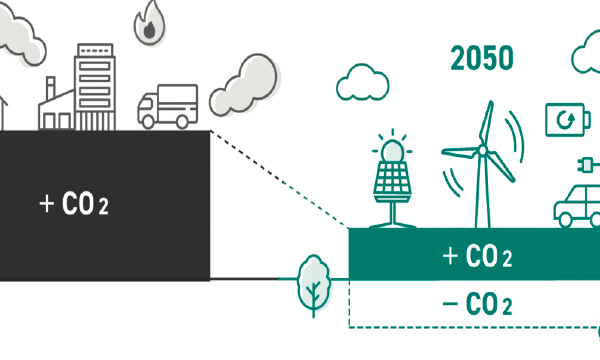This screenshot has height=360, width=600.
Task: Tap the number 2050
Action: click(482, 58)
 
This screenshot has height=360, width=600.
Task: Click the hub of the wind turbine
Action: click(482, 151)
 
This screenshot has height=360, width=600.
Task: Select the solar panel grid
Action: click(393, 180)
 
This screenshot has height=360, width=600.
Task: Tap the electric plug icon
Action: click(586, 164)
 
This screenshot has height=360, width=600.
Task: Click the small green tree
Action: click(314, 280)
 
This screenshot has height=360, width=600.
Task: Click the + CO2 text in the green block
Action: click(477, 256)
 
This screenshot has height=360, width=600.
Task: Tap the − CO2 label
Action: click(477, 304)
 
